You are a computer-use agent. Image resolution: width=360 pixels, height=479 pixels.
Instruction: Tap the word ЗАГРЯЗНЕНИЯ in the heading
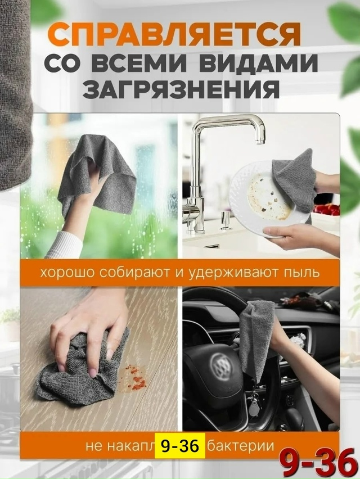pyautogui.click(x=179, y=89)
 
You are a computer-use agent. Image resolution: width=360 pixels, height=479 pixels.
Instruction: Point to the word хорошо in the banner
pyautogui.click(x=64, y=273)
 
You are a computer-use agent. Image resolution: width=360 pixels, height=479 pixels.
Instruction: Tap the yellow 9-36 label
pyautogui.click(x=179, y=446)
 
